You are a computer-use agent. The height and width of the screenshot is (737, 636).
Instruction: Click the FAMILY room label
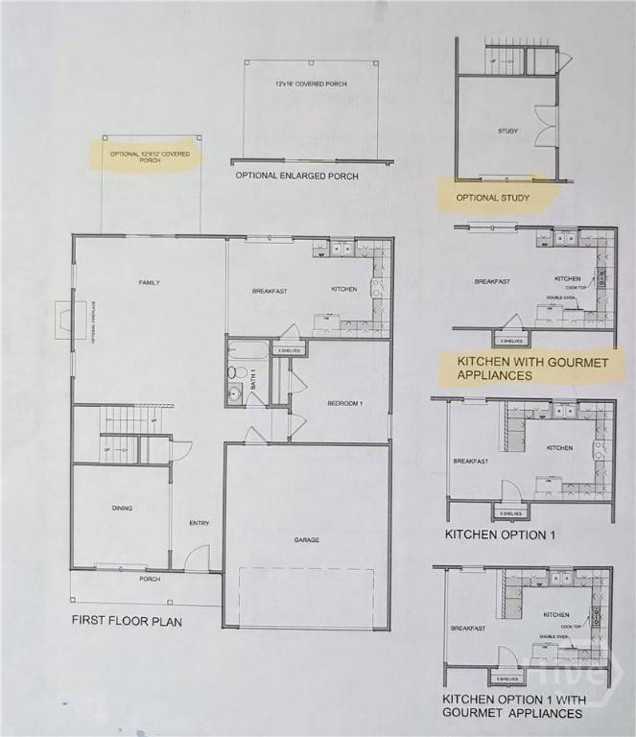click(149, 282)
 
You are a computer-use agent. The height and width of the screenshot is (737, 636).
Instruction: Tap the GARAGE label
click(307, 539)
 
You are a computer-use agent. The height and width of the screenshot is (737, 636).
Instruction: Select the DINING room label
click(121, 508)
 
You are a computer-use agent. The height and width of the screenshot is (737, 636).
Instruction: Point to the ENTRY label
click(200, 523)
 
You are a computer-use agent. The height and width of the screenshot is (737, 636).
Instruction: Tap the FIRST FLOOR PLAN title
click(127, 621)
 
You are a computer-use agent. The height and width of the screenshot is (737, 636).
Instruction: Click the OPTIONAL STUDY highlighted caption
click(492, 198)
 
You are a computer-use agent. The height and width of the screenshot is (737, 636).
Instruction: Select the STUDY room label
click(507, 131)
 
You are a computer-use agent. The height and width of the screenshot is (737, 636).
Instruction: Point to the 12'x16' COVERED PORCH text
click(311, 84)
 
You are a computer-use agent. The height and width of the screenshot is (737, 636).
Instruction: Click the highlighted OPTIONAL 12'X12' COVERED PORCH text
click(149, 156)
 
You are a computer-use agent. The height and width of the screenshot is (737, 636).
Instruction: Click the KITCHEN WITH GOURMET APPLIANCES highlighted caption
click(532, 368)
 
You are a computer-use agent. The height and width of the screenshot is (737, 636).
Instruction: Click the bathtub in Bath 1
click(247, 349)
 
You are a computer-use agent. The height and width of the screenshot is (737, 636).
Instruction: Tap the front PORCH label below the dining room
click(150, 579)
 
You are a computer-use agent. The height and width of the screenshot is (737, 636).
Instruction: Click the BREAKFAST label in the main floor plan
click(271, 290)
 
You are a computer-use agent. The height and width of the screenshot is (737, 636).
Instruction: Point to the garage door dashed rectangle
click(306, 596)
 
